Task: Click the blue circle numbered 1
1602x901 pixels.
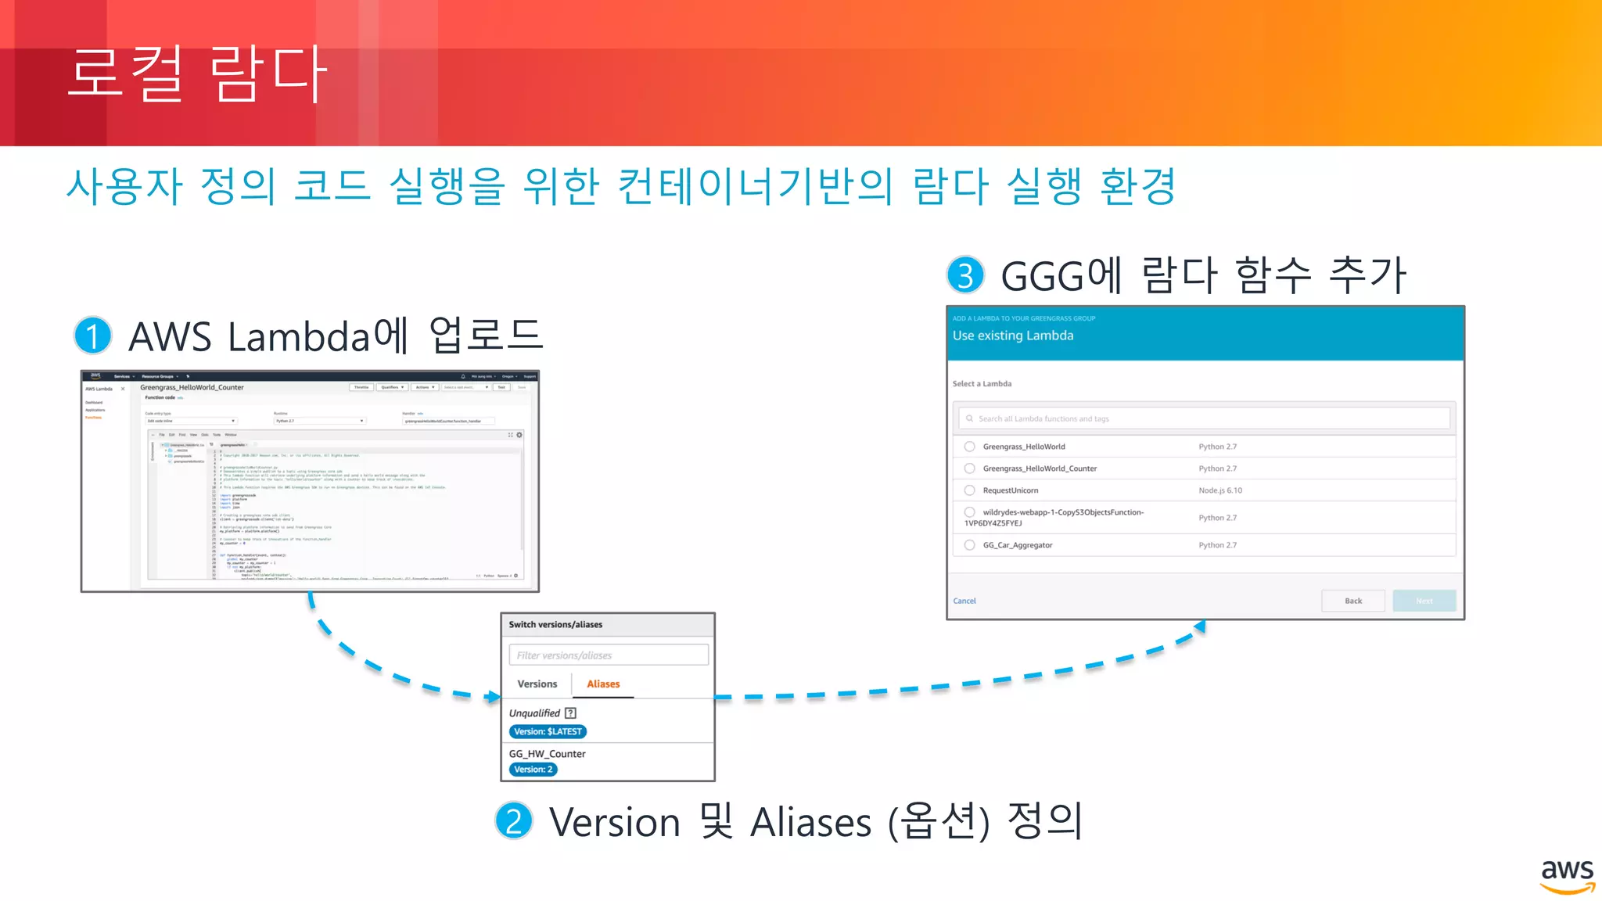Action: pyautogui.click(x=93, y=336)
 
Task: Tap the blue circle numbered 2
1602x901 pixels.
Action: pyautogui.click(x=514, y=821)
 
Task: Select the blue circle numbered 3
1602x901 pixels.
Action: pyautogui.click(x=965, y=275)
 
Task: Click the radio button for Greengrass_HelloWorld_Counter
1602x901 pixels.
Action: pyautogui.click(x=970, y=468)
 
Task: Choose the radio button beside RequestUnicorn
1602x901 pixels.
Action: pyautogui.click(x=970, y=490)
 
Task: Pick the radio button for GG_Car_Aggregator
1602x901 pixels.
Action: pyautogui.click(x=970, y=545)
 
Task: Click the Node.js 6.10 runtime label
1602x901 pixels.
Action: pyautogui.click(x=1219, y=490)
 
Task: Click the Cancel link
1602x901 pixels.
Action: pyautogui.click(x=964, y=601)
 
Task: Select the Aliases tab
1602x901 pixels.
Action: pyautogui.click(x=603, y=684)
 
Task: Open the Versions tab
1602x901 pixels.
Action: pyautogui.click(x=537, y=684)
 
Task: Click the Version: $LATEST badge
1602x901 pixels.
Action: pyautogui.click(x=548, y=731)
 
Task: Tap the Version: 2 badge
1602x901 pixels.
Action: pyautogui.click(x=533, y=770)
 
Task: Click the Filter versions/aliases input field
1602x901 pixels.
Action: pyautogui.click(x=609, y=655)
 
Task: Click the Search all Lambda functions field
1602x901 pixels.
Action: pyautogui.click(x=1205, y=418)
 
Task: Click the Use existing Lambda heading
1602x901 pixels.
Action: pyautogui.click(x=1013, y=336)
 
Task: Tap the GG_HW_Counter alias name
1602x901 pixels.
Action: pyautogui.click(x=547, y=754)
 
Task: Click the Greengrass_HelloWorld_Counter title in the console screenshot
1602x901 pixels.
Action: pyautogui.click(x=192, y=387)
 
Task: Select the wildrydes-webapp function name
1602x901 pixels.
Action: pyautogui.click(x=1062, y=512)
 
